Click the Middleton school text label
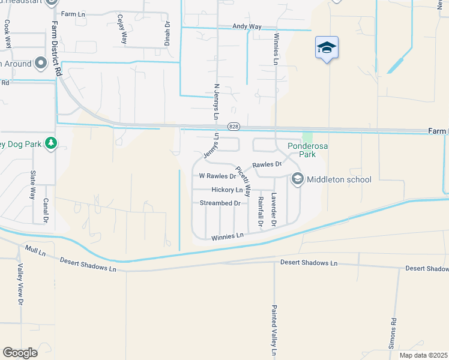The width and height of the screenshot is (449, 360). click(339, 179)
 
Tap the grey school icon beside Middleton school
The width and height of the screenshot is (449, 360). click(298, 179)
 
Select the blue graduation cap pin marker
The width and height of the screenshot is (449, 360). click(327, 48)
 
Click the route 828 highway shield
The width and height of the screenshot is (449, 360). click(234, 127)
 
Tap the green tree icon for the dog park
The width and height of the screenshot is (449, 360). click(51, 143)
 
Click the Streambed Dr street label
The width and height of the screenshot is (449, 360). click(220, 203)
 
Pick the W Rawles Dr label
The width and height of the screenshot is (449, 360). click(217, 177)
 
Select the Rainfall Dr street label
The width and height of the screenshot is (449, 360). click(261, 211)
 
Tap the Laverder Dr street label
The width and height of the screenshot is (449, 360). click(274, 209)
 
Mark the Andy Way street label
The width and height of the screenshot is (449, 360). click(247, 27)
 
